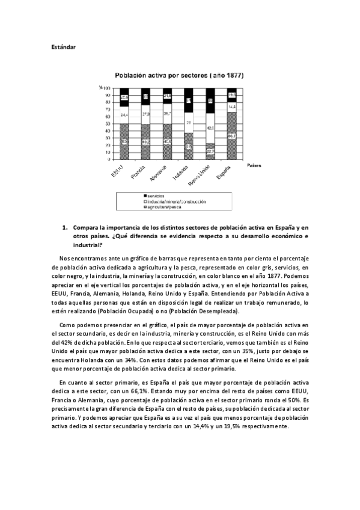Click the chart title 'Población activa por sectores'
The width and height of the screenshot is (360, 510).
[175, 76]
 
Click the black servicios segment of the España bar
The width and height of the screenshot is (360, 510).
[231, 95]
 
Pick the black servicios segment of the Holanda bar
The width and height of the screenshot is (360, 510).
[188, 100]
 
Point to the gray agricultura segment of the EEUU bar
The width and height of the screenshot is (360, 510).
[123, 142]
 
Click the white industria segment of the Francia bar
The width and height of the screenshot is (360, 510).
[145, 112]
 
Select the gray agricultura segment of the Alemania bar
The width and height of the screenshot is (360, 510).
[166, 142]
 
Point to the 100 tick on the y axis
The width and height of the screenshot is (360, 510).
[106, 88]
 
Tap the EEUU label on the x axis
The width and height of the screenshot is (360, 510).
[118, 171]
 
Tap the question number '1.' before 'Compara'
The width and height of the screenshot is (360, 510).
[66, 228]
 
